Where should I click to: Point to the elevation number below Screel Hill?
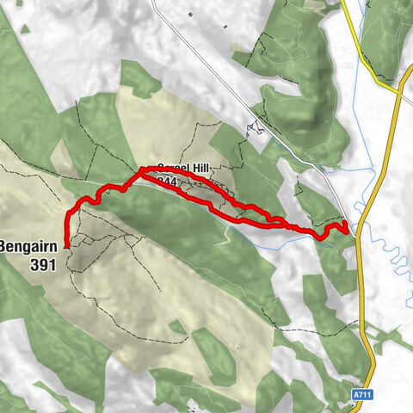(167, 182)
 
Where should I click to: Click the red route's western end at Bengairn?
(67, 243)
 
